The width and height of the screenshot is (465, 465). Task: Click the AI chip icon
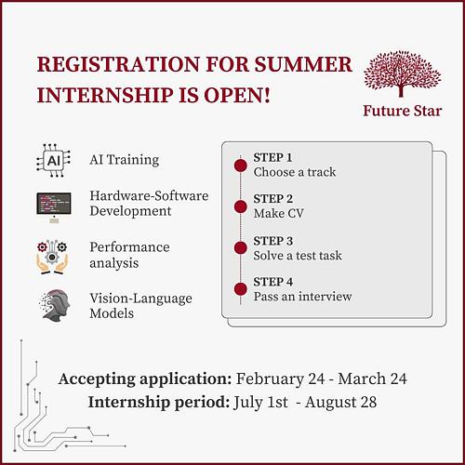pyautogui.click(x=54, y=160)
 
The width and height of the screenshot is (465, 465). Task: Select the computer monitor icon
pyautogui.click(x=54, y=204)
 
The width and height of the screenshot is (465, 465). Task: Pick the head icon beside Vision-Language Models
pyautogui.click(x=54, y=306)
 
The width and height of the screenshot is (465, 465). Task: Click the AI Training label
pyautogui.click(x=125, y=160)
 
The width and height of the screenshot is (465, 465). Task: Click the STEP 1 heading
pyautogui.click(x=272, y=157)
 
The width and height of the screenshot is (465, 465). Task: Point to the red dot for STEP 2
pyautogui.click(x=240, y=206)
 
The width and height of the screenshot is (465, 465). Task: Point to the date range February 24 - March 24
pyautogui.click(x=322, y=379)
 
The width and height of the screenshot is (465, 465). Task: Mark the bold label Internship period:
pyautogui.click(x=160, y=404)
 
